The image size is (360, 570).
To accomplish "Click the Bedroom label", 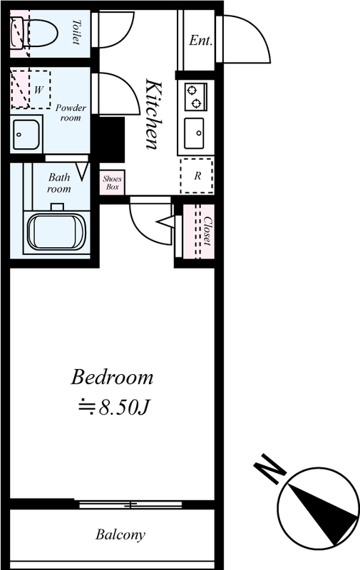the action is tap(112, 377).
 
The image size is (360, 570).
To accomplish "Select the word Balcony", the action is tap(120, 535).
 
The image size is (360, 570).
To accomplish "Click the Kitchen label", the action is tap(153, 114).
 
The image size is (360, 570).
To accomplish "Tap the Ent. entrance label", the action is tap(200, 40).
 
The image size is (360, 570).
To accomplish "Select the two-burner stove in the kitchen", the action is tap(196, 97).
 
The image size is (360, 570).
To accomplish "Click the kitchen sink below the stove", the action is tap(194, 133).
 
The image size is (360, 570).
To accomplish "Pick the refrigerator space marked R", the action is tap(197, 176).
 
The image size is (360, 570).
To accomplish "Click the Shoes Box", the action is tap(112, 182).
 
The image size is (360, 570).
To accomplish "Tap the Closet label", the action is tap(207, 231).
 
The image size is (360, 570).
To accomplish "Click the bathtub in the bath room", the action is tap(56, 231).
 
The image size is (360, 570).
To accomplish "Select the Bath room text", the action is tap(59, 183).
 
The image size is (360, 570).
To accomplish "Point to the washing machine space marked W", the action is tap(31, 90).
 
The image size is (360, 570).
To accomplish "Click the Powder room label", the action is tap(71, 113).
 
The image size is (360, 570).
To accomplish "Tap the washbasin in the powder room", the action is tap(26, 135).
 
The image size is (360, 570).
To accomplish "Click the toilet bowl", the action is tap(41, 33).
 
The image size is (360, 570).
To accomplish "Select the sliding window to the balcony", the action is tap(130, 504).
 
